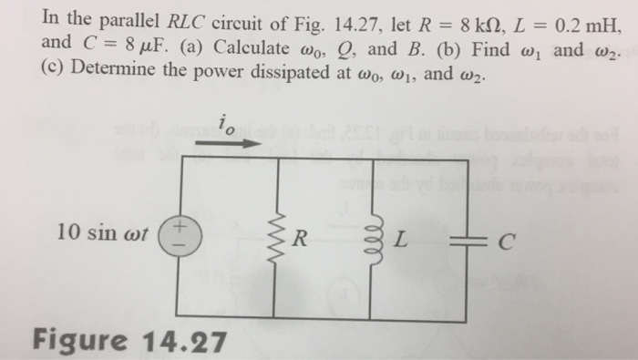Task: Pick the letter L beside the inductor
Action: [x=398, y=242]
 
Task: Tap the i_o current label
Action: [x=227, y=124]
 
